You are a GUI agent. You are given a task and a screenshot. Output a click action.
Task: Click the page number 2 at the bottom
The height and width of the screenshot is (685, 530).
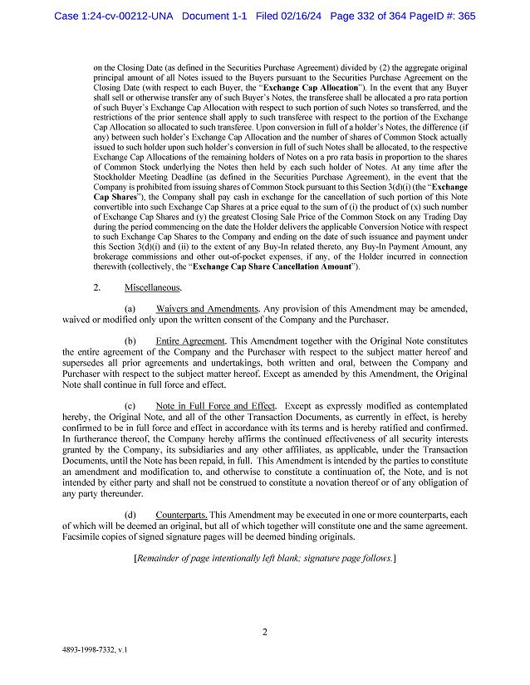(264, 633)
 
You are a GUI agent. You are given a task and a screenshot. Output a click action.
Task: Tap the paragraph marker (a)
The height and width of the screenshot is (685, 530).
(130, 308)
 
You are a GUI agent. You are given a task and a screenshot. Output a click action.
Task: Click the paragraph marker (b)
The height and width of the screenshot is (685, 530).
(130, 341)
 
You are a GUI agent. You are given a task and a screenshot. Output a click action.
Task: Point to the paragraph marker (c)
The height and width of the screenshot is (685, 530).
(130, 406)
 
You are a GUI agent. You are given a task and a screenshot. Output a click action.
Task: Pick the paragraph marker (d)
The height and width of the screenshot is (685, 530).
(130, 516)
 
